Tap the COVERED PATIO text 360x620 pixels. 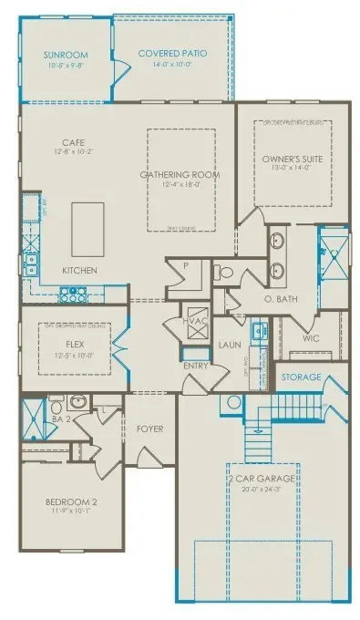(x=172, y=54)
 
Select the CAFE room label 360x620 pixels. (x=73, y=143)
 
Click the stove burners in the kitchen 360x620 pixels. (x=71, y=294)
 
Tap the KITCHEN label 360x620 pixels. (x=80, y=272)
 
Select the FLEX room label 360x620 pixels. (x=76, y=345)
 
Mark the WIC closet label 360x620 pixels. (x=312, y=337)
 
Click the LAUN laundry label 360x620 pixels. (x=229, y=346)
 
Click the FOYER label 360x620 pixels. (x=149, y=428)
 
